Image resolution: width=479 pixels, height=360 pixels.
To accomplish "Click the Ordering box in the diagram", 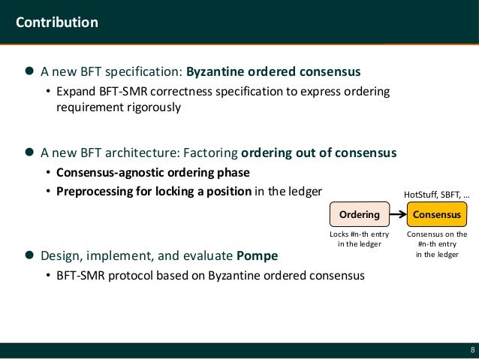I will (359, 215).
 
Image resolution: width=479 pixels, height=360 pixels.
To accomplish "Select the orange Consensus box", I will (436, 215).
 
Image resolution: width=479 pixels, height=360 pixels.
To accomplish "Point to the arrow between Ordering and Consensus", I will (396, 215).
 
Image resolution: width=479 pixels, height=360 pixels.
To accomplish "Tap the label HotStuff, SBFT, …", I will (436, 195).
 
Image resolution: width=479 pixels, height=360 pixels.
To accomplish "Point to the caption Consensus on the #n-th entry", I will (436, 244).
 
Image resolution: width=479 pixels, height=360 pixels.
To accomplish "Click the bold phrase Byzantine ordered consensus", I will (273, 73).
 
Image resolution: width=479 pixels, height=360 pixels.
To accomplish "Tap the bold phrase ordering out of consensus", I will (318, 153).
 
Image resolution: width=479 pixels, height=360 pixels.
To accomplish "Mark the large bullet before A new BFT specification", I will (29, 73).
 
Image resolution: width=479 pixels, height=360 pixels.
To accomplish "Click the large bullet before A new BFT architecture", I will (29, 153).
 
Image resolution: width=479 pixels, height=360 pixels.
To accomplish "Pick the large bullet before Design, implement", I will (29, 255).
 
